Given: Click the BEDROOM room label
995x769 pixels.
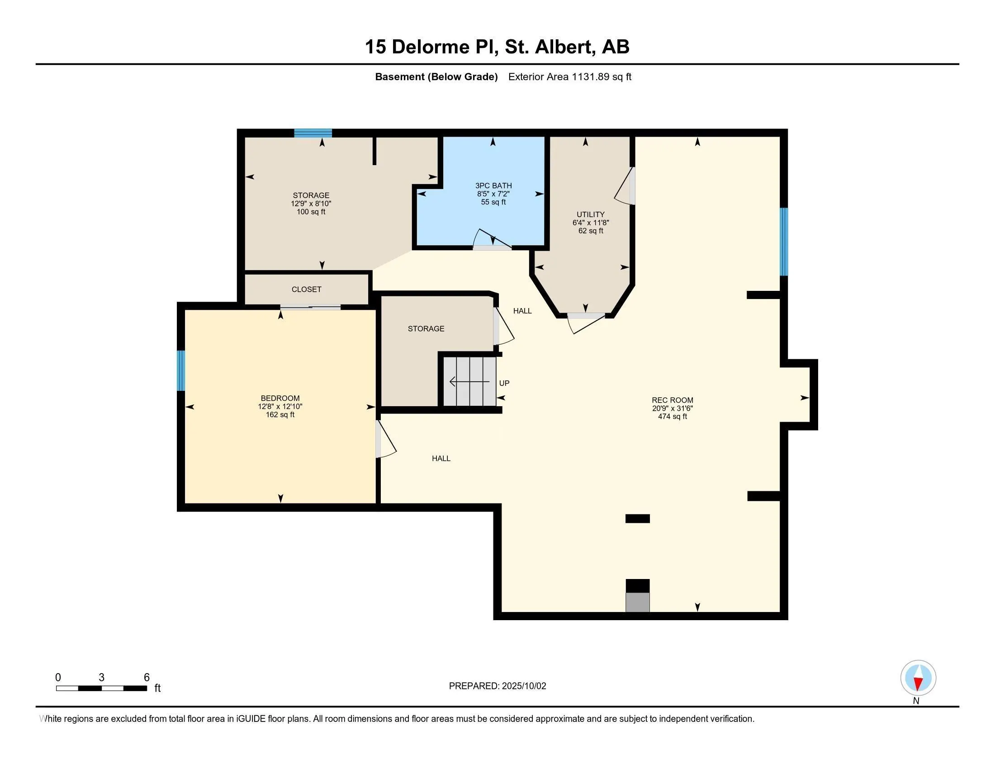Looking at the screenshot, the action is pos(280,398).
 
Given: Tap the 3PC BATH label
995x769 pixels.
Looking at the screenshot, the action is pos(493,186).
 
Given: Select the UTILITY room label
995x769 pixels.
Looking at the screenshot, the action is pos(590,214).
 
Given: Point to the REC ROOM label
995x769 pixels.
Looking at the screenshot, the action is pos(673,400).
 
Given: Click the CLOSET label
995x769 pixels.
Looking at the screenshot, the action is pos(307,290).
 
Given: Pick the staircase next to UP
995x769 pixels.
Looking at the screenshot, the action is pos(470,381).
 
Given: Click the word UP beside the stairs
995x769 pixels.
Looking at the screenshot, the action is pos(504,383).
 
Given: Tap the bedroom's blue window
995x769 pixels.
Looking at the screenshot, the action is pos(181,370).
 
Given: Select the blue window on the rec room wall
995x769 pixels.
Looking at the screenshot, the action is pos(784,242).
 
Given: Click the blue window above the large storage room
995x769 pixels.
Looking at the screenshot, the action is pos(313,133).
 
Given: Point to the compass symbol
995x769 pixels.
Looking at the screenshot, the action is pos(918,678).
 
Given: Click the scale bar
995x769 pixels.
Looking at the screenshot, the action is pos(101,688).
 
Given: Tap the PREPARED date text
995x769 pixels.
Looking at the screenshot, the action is pos(497,686).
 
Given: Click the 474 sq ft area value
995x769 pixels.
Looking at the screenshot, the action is pos(673,416).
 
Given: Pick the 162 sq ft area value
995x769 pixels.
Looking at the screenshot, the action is pos(280,414).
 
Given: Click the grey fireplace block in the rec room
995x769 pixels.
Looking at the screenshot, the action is pos(638,602).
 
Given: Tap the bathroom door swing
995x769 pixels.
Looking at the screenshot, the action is pos(492,239).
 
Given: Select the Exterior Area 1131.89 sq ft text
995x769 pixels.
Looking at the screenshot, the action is pos(570,77).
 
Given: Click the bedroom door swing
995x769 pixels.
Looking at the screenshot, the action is pos(385,438).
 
